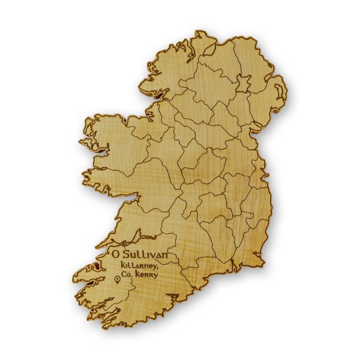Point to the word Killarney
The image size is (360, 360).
coord(139,265)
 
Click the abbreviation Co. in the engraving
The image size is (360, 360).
coord(127,275)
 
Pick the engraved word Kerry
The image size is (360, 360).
coord(148,275)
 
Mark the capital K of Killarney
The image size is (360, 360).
coord(122,265)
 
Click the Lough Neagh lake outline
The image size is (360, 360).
coord(244,82)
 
